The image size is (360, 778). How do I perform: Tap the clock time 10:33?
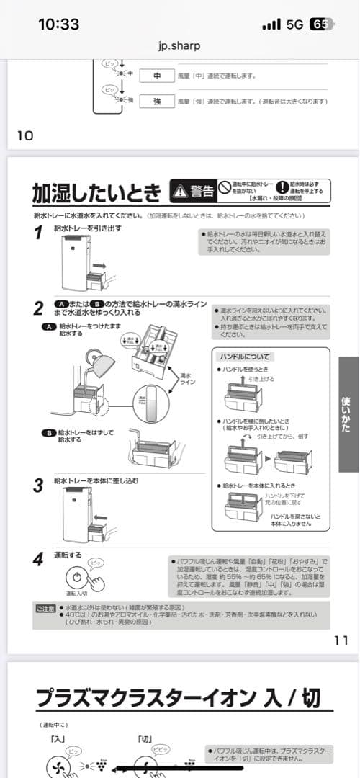coord(58,24)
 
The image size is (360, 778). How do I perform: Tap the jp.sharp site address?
coord(179,45)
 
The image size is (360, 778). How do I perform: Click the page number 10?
coord(25,135)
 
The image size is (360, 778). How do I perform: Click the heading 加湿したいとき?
coord(97,192)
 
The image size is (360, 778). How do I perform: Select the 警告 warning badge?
coord(193,191)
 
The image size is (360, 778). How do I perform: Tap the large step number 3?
coord(38,485)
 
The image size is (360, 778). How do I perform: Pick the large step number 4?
coord(38,560)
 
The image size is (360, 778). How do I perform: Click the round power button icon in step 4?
coord(78,578)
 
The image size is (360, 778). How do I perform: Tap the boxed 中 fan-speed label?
coord(156,76)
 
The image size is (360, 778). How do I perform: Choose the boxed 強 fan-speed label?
coord(156,102)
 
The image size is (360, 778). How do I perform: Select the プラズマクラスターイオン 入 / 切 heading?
coord(179,697)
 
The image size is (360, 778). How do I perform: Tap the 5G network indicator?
coord(294,24)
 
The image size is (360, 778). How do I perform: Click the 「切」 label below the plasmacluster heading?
coord(145,738)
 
